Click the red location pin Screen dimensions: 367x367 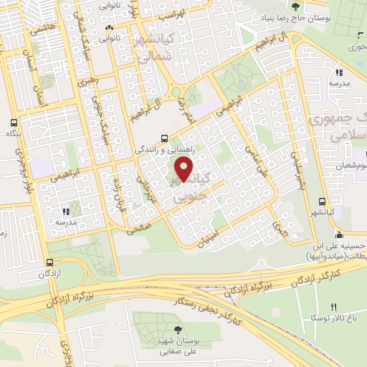point(185,169)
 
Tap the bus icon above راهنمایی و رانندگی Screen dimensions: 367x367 point(165,138)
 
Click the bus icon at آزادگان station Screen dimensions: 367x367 point(49,262)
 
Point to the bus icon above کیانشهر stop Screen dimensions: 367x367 point(322,201)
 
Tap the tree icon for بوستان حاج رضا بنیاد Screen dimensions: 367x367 point(295,7)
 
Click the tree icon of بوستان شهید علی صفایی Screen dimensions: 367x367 point(177,329)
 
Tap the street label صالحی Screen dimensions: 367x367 point(136,229)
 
